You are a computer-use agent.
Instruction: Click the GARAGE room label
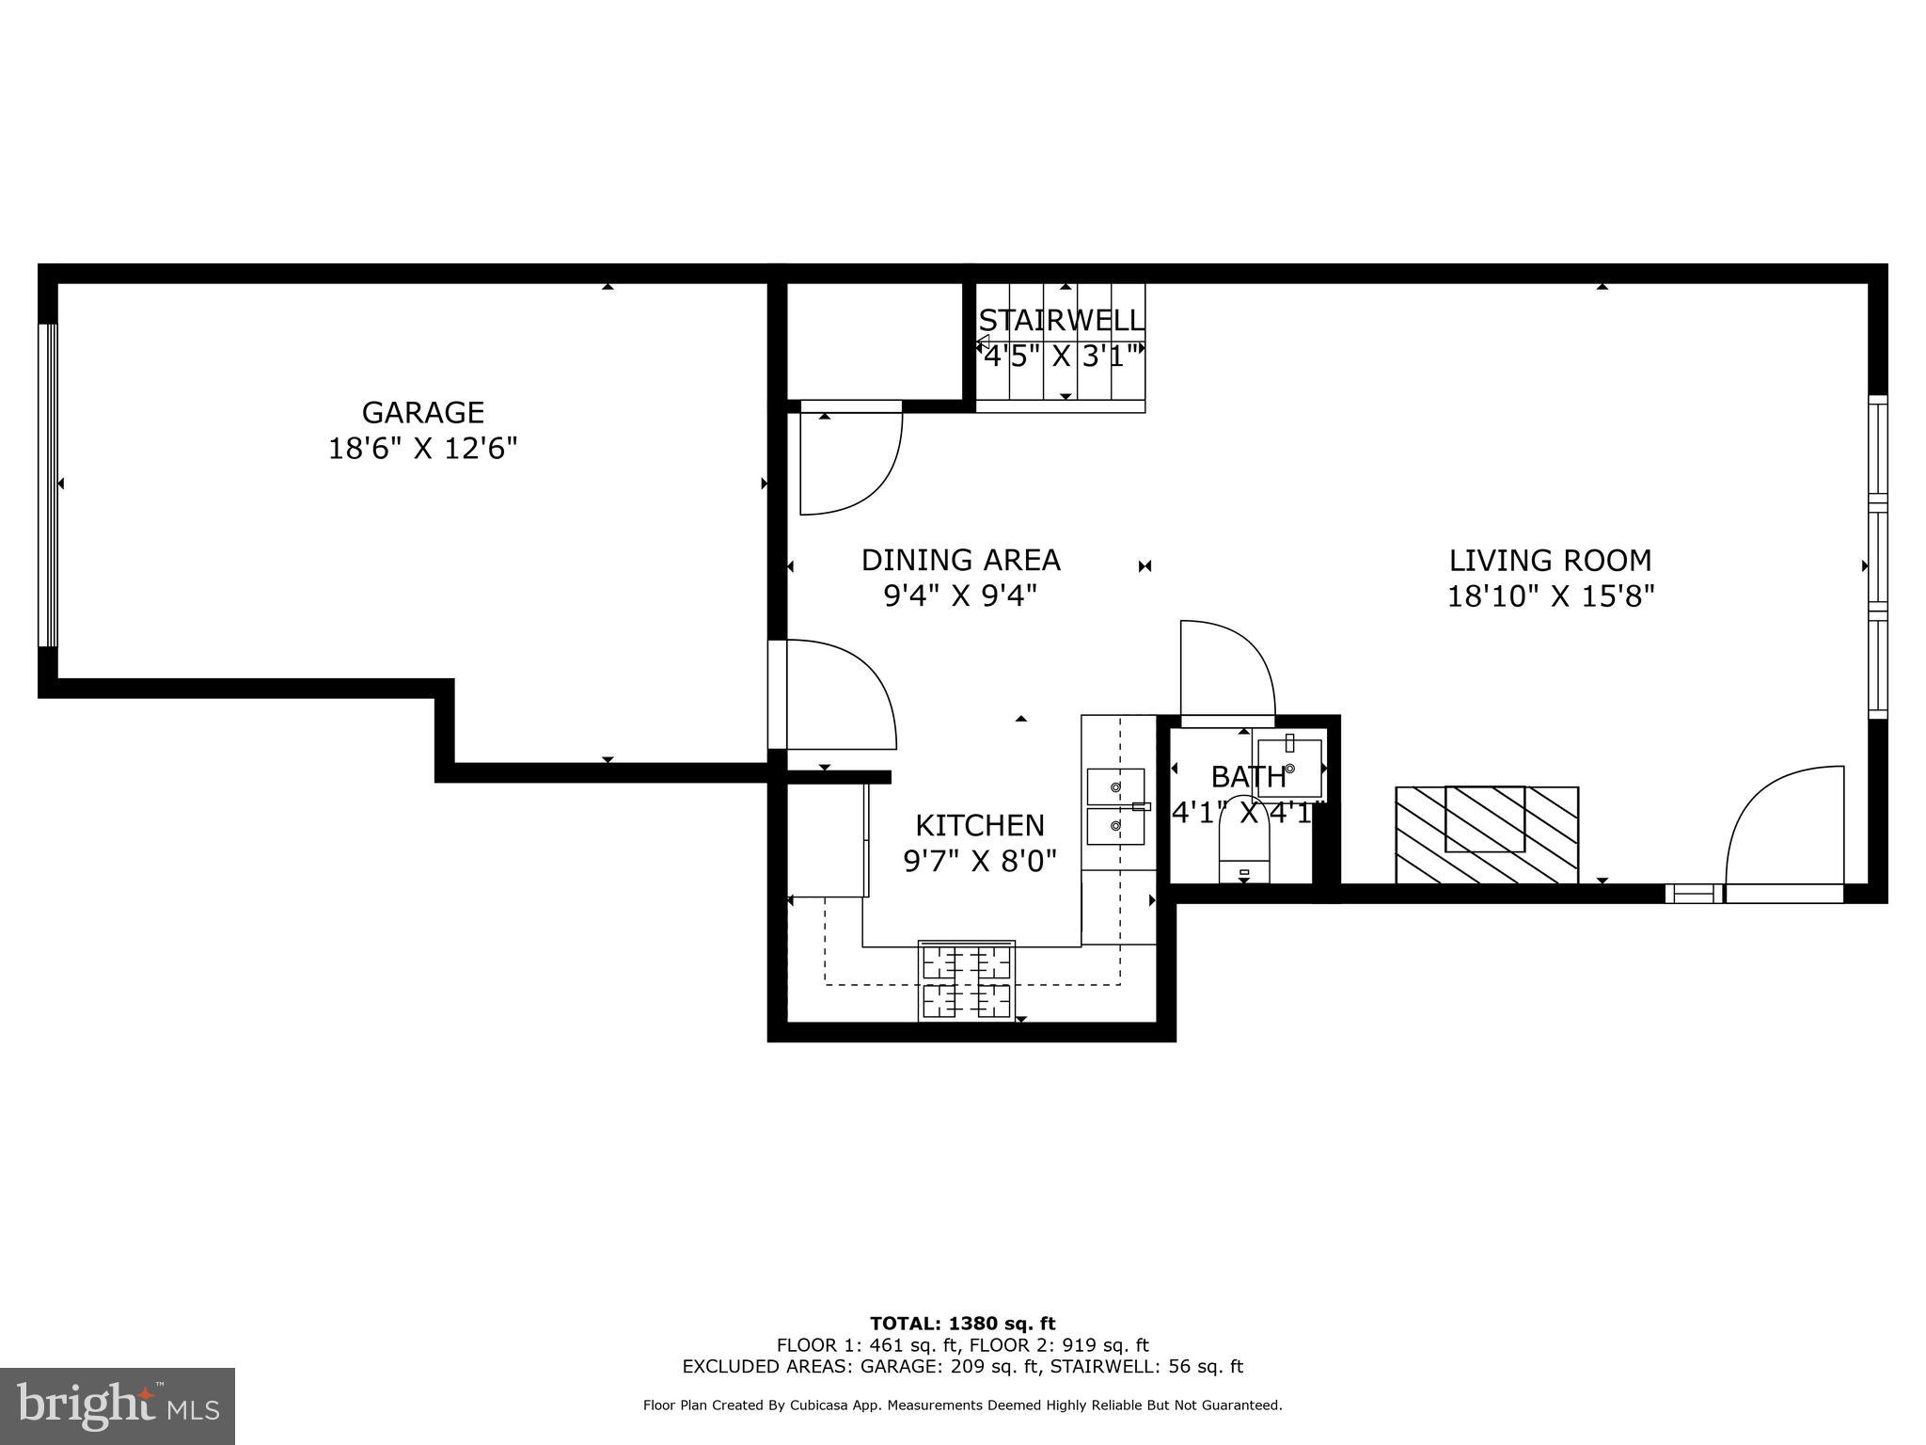tap(423, 413)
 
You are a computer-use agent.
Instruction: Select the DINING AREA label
tap(960, 561)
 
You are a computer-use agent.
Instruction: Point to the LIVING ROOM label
tap(1550, 561)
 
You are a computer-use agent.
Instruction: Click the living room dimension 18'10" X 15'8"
tap(1550, 596)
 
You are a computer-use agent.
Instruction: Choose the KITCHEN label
tap(980, 826)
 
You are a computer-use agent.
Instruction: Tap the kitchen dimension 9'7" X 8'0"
tap(980, 861)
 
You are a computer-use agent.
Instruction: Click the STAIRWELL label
tap(1062, 321)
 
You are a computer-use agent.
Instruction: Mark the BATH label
tap(1248, 777)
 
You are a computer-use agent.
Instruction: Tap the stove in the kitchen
tap(967, 980)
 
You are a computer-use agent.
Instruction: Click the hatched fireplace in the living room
tap(1486, 834)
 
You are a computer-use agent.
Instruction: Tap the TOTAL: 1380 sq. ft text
tap(962, 1325)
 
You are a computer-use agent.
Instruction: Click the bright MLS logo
tap(117, 1405)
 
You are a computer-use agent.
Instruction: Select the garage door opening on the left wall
tap(47, 485)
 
